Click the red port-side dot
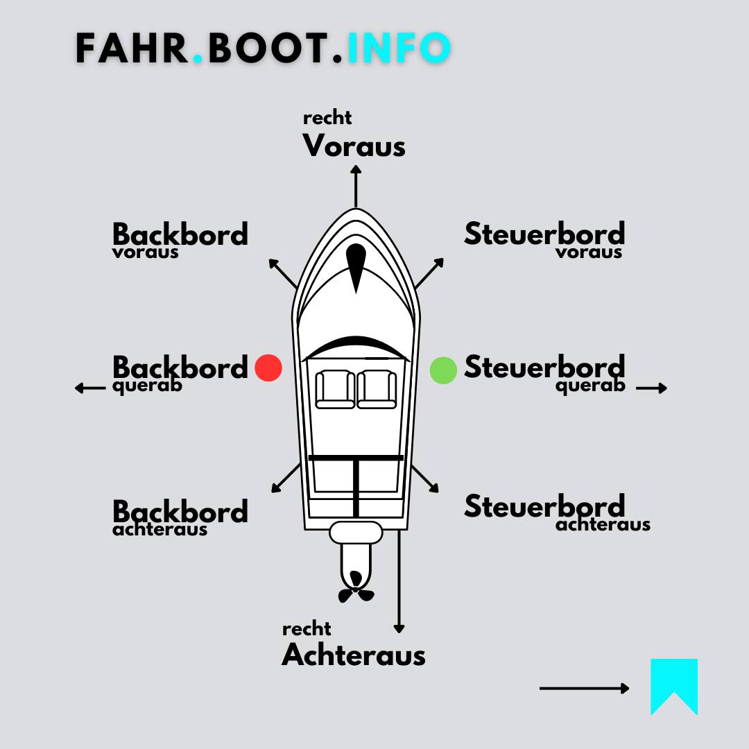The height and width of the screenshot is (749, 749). click(268, 368)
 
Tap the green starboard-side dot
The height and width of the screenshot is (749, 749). click(443, 370)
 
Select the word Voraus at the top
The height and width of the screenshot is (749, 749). click(354, 146)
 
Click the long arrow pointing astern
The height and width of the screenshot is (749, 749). click(399, 583)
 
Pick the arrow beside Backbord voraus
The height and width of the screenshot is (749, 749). click(283, 274)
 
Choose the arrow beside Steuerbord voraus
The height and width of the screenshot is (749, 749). click(429, 273)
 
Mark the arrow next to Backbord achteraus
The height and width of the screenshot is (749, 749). click(286, 478)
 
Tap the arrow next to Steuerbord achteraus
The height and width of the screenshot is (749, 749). click(425, 479)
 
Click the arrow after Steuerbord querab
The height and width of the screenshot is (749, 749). click(651, 388)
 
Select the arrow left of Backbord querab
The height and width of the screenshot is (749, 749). click(90, 388)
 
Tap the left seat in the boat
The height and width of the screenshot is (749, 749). click(335, 389)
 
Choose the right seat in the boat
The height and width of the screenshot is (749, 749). click(377, 389)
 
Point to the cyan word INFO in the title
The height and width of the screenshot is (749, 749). click(399, 49)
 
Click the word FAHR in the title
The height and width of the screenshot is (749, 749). click(132, 49)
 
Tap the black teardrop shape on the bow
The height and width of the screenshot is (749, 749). click(356, 266)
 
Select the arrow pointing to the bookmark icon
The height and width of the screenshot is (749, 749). click(584, 688)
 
